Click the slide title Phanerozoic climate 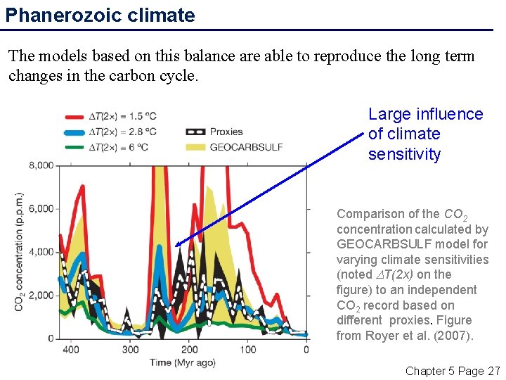click(x=100, y=15)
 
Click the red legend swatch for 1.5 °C click(x=74, y=116)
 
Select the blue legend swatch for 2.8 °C click(x=74, y=131)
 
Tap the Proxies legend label click(x=226, y=132)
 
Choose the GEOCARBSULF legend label click(x=247, y=146)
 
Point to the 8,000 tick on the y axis click(x=40, y=165)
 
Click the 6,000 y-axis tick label click(x=40, y=209)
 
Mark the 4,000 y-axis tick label click(x=40, y=252)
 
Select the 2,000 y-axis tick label click(x=40, y=296)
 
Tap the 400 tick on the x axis click(x=71, y=350)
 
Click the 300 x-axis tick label click(x=130, y=350)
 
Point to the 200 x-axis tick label click(x=189, y=350)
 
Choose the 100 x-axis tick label click(x=248, y=350)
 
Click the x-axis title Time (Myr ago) click(x=182, y=363)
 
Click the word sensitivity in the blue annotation click(x=404, y=154)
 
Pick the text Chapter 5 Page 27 click(x=453, y=371)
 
